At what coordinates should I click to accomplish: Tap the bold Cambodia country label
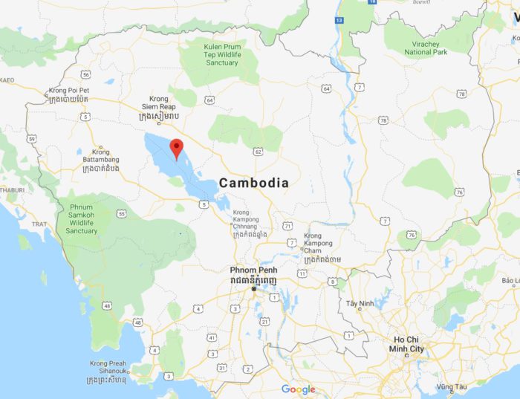click(x=253, y=182)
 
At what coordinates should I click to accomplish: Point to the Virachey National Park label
click(x=426, y=48)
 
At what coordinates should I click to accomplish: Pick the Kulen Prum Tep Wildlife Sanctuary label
click(x=222, y=54)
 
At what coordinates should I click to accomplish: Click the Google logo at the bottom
click(x=298, y=389)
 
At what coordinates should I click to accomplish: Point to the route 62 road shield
click(x=258, y=152)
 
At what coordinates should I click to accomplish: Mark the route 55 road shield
click(x=121, y=213)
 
